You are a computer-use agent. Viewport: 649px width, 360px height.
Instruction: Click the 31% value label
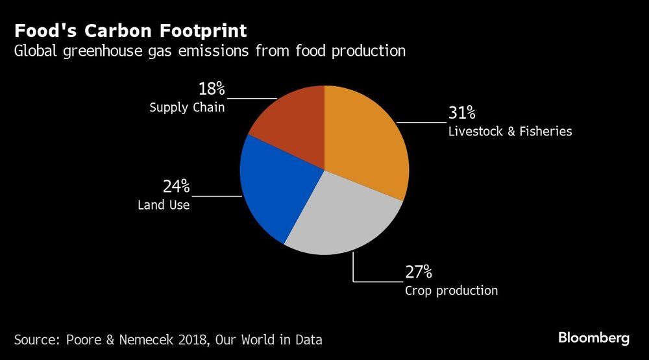[x=461, y=114]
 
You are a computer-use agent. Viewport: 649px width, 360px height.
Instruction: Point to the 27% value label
[x=419, y=272]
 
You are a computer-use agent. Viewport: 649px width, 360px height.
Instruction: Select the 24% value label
[x=176, y=187]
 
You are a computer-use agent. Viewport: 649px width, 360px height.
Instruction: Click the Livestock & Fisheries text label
[x=509, y=132]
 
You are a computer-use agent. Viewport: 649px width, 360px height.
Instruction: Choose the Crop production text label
[x=451, y=291]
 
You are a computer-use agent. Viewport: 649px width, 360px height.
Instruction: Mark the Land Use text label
[x=164, y=206]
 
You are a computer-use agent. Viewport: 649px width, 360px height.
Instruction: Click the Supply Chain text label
[x=187, y=108]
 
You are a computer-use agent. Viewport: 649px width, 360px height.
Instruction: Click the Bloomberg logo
[x=594, y=338]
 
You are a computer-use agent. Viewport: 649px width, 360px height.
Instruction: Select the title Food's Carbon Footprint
[x=130, y=30]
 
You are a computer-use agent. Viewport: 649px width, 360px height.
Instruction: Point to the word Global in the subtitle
[x=36, y=51]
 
